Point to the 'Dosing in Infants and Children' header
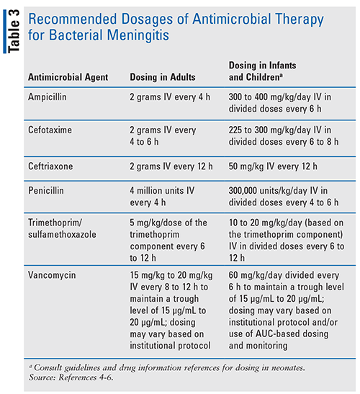(x=268, y=71)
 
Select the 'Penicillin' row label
(x=48, y=191)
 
